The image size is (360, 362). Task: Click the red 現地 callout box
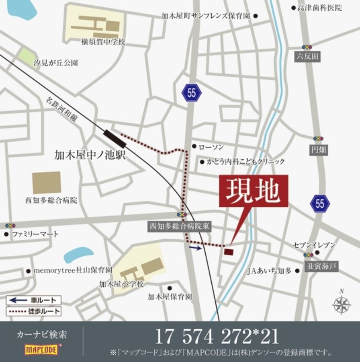tap(254, 191)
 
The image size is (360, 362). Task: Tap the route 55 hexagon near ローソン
tap(191, 93)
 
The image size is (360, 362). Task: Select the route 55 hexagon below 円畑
tap(320, 204)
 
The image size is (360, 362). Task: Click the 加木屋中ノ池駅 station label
tap(90, 155)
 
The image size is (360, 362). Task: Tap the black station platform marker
tap(115, 138)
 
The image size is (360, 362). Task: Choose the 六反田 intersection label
tap(307, 57)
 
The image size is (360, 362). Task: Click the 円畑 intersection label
tap(318, 150)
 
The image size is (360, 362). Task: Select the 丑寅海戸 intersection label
tap(321, 266)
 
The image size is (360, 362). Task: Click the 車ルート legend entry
tap(34, 300)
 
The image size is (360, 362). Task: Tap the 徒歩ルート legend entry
tap(34, 311)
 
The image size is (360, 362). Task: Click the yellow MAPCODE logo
tap(41, 349)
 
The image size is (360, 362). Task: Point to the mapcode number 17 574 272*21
tap(217, 337)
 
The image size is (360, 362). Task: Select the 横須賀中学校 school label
tap(103, 41)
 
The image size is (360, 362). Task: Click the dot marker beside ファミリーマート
tap(6, 234)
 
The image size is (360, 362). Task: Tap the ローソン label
tap(211, 147)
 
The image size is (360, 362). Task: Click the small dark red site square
tap(228, 252)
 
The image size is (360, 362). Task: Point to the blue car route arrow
tap(196, 248)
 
